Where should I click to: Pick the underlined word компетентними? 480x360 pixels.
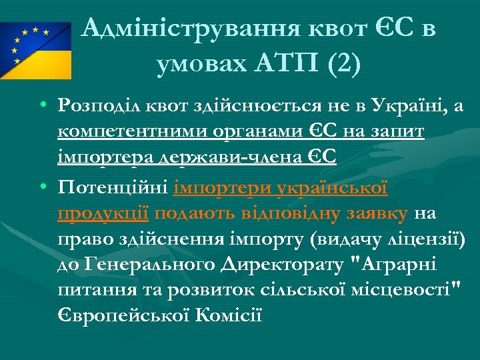tap(134, 132)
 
